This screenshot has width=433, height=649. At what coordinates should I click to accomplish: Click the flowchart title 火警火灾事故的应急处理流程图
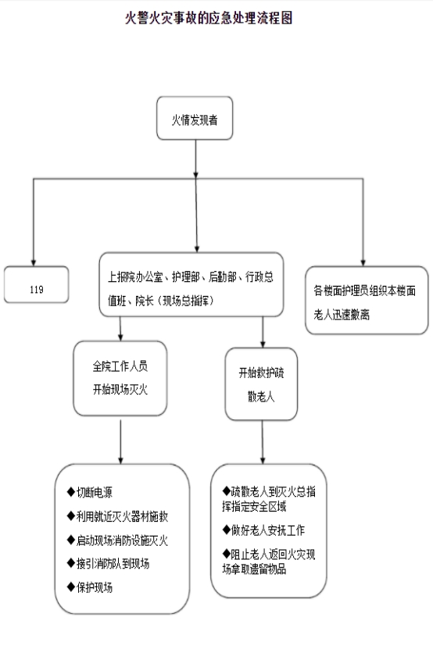point(209,18)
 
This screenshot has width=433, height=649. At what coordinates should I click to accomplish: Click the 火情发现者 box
point(195,119)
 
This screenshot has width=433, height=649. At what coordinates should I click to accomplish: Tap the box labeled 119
point(37,285)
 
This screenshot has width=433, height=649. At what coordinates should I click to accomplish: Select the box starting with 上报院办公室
point(191,284)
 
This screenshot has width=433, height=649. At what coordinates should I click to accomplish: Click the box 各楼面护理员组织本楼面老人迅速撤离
point(367,300)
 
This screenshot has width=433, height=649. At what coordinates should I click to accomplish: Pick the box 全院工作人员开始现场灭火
point(120,378)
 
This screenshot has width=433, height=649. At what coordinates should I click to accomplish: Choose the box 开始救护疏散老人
point(262,384)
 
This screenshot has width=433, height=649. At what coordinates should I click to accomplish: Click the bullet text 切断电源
point(90,492)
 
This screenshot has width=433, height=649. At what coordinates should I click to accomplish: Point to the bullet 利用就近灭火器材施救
point(117,516)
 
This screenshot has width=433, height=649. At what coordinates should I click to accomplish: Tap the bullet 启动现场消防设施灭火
point(117,540)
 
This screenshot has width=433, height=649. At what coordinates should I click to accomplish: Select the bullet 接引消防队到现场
point(108,563)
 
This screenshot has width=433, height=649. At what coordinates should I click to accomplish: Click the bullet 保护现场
point(90,587)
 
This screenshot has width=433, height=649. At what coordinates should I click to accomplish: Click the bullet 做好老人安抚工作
point(263,530)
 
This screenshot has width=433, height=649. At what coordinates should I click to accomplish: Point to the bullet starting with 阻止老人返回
point(269,562)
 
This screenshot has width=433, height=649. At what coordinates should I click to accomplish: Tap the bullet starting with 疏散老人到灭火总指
point(269,499)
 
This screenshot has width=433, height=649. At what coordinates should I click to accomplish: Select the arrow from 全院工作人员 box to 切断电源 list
point(120,442)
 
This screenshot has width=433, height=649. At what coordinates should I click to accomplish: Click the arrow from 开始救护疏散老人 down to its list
point(263,442)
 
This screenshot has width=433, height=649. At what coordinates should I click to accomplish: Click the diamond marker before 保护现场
point(70,587)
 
